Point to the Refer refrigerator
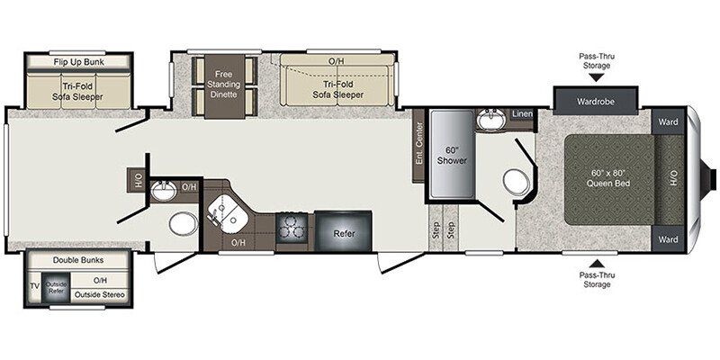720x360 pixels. tap(343, 230)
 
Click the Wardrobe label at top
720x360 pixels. tap(595, 102)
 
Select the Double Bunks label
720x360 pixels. tap(77, 260)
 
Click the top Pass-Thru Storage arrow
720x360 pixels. tap(596, 77)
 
